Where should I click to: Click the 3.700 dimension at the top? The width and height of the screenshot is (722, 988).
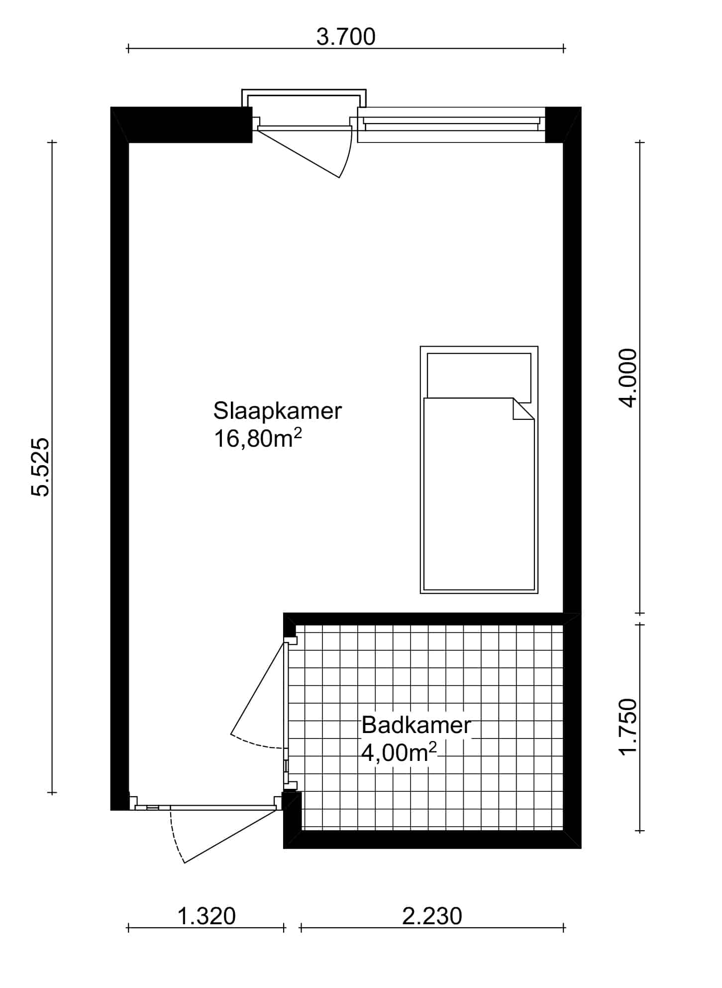click(346, 37)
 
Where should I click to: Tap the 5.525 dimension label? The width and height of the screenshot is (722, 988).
click(40, 467)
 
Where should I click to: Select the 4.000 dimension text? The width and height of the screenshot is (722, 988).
click(627, 378)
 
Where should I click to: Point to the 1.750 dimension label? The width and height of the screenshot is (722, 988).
click(627, 727)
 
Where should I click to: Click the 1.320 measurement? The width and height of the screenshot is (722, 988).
click(206, 916)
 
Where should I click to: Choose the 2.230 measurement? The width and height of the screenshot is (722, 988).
click(432, 916)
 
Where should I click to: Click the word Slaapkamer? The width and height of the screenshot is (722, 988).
click(278, 411)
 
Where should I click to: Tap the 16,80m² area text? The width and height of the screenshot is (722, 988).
click(258, 439)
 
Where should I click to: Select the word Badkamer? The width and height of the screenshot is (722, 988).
click(416, 725)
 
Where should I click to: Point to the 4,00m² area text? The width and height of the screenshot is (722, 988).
click(399, 753)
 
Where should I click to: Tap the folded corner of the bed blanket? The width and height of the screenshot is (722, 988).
click(523, 409)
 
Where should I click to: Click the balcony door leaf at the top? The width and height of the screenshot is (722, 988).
click(299, 152)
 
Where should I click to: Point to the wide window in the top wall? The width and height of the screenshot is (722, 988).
click(451, 124)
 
